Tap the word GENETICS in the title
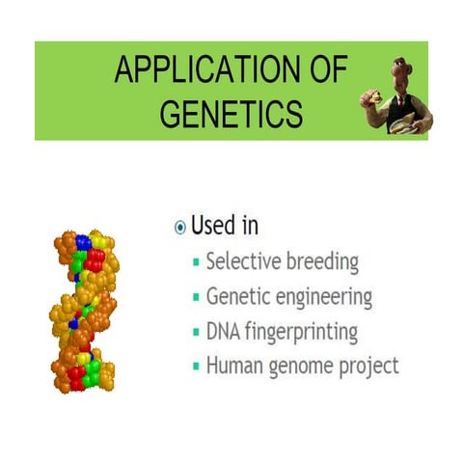click(x=231, y=114)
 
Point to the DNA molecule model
click(x=85, y=310)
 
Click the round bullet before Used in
click(x=179, y=228)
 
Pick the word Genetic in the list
click(x=237, y=297)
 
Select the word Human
click(x=231, y=367)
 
